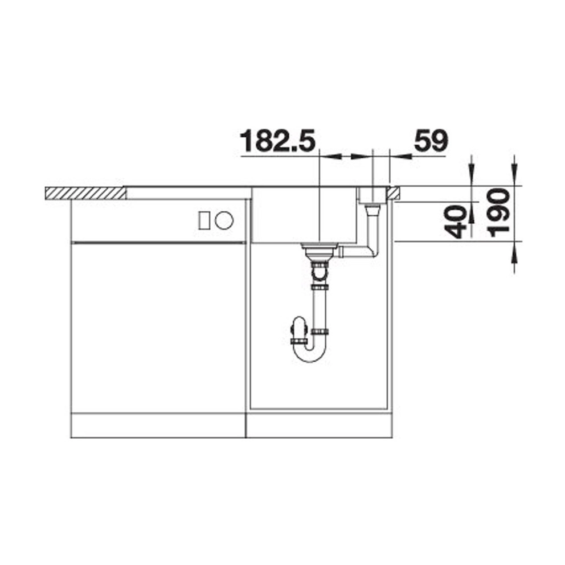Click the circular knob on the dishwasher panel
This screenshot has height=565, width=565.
(x=224, y=220)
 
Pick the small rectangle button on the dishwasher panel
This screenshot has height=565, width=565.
(x=204, y=220)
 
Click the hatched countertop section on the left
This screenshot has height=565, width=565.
(x=86, y=193)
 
